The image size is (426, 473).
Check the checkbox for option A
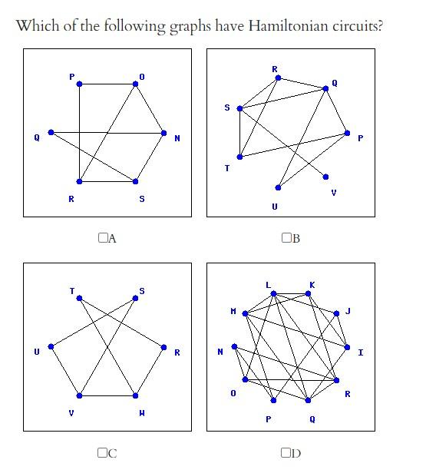[103, 238]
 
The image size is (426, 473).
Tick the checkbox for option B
[286, 238]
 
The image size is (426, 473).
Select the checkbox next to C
[103, 452]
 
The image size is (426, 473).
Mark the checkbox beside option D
[286, 452]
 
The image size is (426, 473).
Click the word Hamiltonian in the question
[289, 26]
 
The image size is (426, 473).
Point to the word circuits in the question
[358, 26]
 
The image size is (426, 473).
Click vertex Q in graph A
[51, 132]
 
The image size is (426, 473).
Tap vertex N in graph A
[164, 133]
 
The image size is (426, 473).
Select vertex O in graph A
[135, 84]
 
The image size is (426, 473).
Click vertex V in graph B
[325, 177]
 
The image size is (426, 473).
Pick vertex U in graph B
[278, 187]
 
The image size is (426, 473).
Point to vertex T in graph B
[239, 157]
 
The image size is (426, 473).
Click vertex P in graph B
[347, 133]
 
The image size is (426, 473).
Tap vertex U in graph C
[51, 347]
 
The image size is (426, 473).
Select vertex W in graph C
[135, 395]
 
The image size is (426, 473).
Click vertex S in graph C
[135, 299]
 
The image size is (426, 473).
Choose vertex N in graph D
[234, 346]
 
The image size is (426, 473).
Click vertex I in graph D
[347, 347]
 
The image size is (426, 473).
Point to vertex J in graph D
[336, 314]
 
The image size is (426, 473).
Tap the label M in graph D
[233, 311]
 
